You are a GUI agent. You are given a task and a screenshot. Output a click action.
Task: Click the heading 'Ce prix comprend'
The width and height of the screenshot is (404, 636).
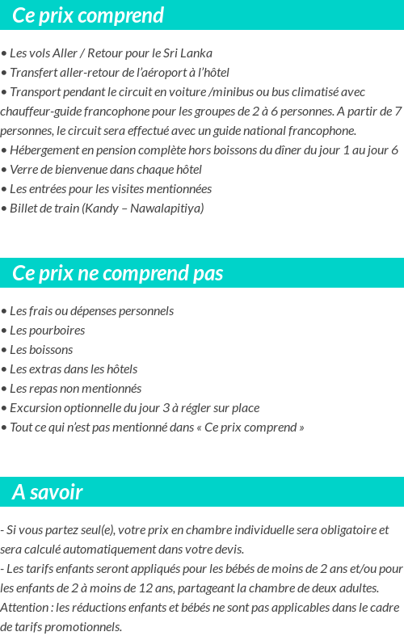[88, 15]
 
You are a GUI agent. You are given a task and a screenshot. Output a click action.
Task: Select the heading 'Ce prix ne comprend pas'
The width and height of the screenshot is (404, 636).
[117, 273]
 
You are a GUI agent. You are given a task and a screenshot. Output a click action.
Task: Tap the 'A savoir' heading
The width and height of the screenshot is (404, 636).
[47, 492]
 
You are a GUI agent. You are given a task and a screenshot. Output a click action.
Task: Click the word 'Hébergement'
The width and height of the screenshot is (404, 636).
[43, 150]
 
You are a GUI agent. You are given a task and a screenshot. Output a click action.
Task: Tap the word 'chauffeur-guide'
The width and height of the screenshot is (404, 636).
[40, 112]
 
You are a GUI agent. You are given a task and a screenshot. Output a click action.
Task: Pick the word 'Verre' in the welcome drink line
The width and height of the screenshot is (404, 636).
[24, 170]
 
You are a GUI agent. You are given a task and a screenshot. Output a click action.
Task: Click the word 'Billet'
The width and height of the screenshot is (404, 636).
[24, 208]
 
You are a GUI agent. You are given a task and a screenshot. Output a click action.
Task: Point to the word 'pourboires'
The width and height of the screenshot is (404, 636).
[58, 331]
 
